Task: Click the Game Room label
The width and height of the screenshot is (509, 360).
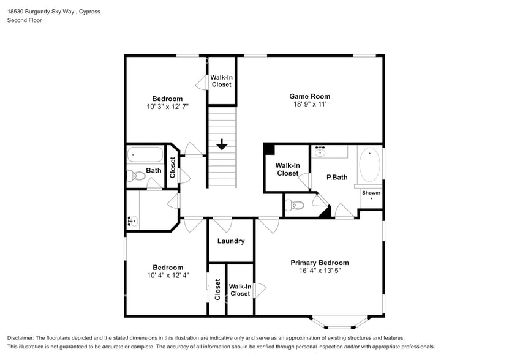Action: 309,96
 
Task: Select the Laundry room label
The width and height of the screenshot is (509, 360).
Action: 231,241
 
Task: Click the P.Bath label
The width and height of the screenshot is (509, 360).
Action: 337,178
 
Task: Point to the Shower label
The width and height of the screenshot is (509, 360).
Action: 371,193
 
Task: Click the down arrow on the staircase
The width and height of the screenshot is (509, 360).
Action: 221,145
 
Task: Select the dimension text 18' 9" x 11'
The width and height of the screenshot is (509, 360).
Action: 309,105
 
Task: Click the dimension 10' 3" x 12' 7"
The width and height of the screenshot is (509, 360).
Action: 167,107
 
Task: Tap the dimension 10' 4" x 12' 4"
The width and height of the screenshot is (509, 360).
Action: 168,276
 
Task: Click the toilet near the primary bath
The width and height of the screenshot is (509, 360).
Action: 295,205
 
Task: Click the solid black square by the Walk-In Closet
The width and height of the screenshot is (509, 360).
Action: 268,149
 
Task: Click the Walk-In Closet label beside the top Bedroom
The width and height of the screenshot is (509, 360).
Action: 221,81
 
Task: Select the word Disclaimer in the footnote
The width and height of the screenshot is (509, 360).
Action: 21,338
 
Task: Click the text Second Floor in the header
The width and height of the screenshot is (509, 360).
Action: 25,20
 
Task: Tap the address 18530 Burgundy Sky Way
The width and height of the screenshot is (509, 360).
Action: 40,12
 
